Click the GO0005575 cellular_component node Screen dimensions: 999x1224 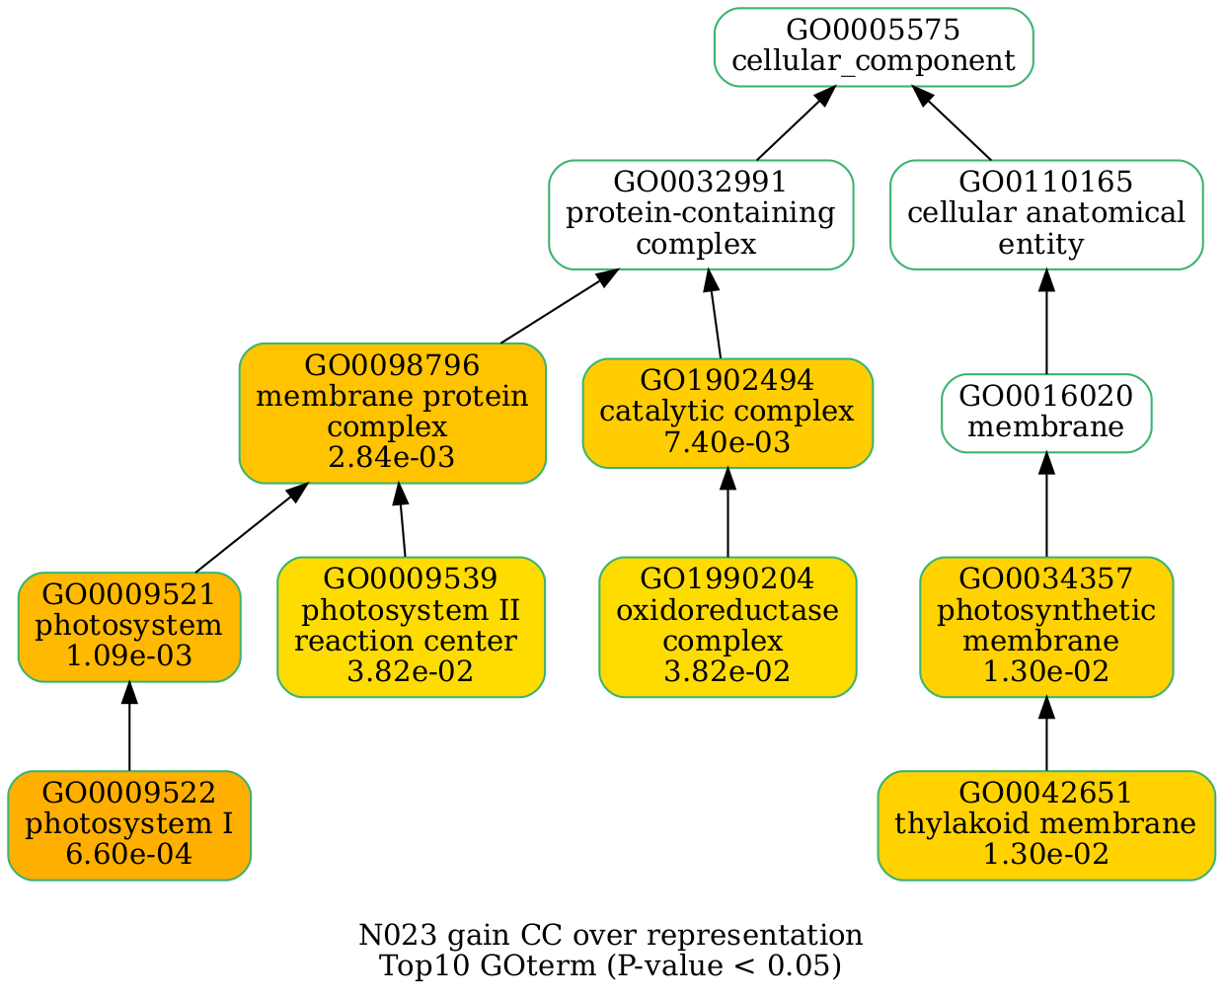[874, 47]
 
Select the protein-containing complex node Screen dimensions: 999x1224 [700, 214]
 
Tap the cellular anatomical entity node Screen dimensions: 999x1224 [1045, 214]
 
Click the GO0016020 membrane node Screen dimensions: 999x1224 [1045, 413]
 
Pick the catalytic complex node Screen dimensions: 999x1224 [727, 413]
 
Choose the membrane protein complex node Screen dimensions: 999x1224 [392, 413]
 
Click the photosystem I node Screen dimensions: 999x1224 [128, 824]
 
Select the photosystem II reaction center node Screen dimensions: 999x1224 [411, 626]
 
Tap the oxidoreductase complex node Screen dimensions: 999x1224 [727, 626]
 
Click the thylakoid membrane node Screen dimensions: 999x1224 [1045, 824]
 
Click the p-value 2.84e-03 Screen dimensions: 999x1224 [392, 458]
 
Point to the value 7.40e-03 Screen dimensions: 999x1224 [727, 443]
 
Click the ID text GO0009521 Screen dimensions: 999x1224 [128, 595]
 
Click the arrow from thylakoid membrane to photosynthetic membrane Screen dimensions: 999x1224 [1045, 733]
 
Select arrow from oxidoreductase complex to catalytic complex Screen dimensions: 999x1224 [727, 513]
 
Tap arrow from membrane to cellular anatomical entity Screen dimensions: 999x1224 [1045, 321]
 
